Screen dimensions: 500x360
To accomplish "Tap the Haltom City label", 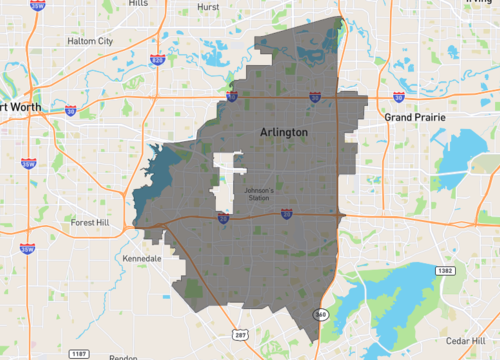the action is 90,41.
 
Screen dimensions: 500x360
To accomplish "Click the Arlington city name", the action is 283,132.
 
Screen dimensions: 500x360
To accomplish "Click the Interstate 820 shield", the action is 157,60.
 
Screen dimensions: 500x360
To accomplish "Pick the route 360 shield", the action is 320,315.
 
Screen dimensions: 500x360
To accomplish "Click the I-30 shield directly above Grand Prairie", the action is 399,97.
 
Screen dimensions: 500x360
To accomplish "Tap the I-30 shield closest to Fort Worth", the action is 70,111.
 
